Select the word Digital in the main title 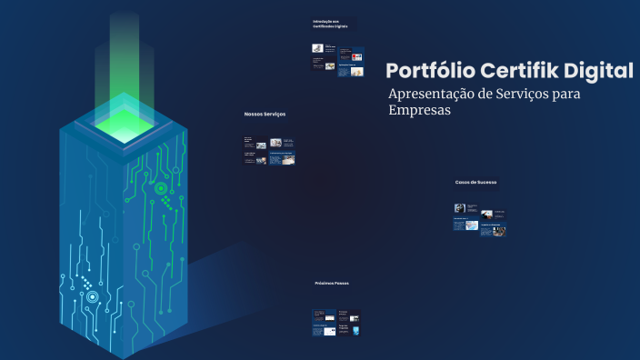pos(600,71)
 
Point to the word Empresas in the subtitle pos(419,111)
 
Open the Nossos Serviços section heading pos(265,114)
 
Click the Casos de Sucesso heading pos(476,183)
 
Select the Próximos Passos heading pos(332,283)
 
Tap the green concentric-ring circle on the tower pos(161,189)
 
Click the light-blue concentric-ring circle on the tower pos(92,296)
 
